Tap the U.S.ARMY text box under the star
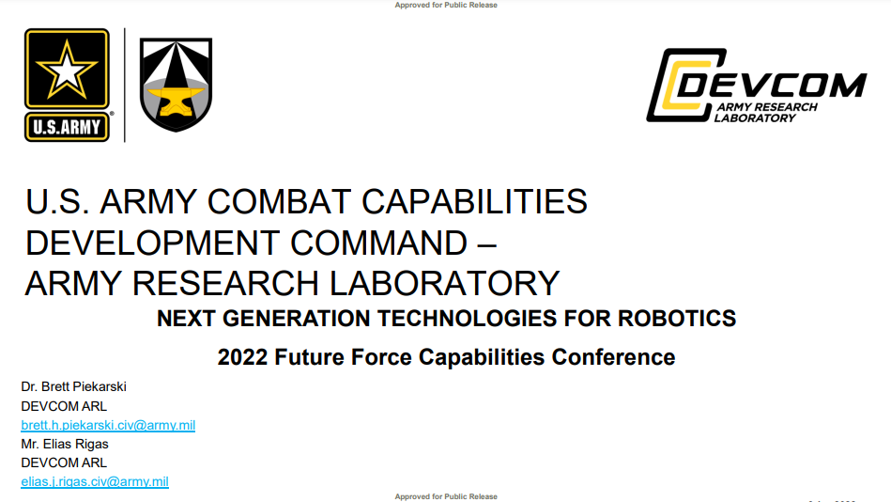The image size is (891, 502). [67, 126]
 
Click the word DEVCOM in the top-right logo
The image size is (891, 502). [772, 86]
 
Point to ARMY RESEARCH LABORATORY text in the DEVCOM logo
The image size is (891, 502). [765, 113]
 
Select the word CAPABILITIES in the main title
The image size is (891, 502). [474, 201]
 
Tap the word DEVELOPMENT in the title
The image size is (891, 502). [152, 243]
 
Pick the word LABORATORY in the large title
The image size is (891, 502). [445, 284]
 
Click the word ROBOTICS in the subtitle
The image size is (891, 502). [677, 318]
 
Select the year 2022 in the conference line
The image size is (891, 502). [242, 357]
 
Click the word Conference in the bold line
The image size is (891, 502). [613, 357]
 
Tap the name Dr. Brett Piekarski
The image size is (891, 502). [74, 387]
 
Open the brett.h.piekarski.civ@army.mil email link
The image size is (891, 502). [108, 425]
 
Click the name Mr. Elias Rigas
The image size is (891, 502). [65, 444]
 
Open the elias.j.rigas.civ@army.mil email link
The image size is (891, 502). [95, 481]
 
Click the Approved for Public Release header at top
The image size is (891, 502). [446, 5]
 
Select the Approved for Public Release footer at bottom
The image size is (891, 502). [446, 497]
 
